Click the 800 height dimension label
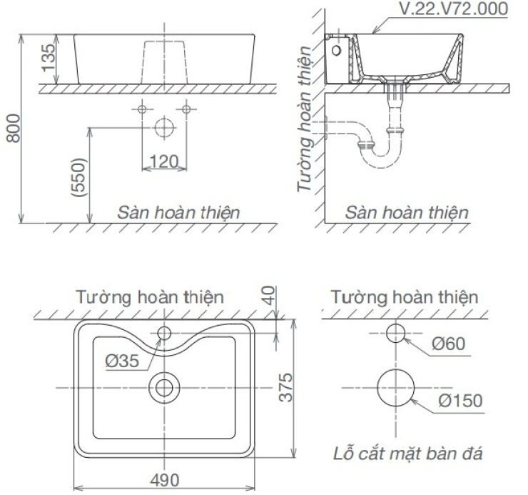pos(14,129)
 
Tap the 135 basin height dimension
pos(48,57)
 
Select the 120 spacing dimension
pos(163,161)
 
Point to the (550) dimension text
pos(78,177)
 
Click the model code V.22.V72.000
pos(453,9)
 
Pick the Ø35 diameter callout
pos(122,361)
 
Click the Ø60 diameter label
pos(449,344)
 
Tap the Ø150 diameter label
pos(460,400)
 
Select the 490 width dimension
pos(164,480)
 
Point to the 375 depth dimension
pos(286,387)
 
